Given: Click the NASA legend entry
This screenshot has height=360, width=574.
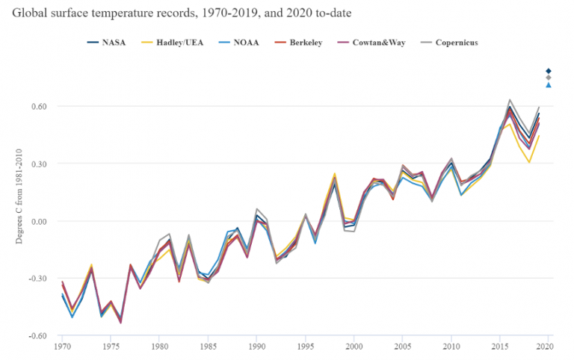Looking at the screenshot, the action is coord(107,43).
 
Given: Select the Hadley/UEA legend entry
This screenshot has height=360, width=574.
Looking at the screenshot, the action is coord(172,43).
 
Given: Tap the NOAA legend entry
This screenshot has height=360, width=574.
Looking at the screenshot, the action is coord(238,43).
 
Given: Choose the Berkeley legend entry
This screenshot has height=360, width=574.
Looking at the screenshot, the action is coord(298,43).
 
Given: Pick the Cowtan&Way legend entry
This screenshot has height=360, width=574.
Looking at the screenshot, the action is coord(371,43).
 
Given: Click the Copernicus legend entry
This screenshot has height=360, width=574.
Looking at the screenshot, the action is coord(448,43).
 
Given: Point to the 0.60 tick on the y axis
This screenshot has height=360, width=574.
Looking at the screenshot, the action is coord(39,107).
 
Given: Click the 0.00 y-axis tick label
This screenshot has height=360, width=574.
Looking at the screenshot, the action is coord(39,221).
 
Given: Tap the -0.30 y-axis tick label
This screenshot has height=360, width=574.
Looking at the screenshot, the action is coord(37,279).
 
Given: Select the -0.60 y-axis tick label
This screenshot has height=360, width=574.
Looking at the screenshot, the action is coord(37,336).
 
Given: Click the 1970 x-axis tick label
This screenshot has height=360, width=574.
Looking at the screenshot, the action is coord(62,346).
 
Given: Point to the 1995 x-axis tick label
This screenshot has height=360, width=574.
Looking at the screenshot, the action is coord(305,346).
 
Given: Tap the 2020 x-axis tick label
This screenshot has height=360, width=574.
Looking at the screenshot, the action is coord(549,346).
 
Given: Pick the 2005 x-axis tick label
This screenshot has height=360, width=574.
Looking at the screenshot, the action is coord(403,346).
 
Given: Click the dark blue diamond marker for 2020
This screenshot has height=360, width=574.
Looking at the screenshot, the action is coord(549,71).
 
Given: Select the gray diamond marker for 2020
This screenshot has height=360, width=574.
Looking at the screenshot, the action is coord(549,78).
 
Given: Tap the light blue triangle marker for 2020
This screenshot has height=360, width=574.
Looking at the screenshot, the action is coord(549,85).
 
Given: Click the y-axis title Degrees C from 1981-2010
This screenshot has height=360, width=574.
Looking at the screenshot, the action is coord(19,196).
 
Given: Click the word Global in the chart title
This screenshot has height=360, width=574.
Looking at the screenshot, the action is coord(30,13).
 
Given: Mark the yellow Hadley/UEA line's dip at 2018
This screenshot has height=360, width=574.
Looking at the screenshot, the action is coord(529,162).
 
